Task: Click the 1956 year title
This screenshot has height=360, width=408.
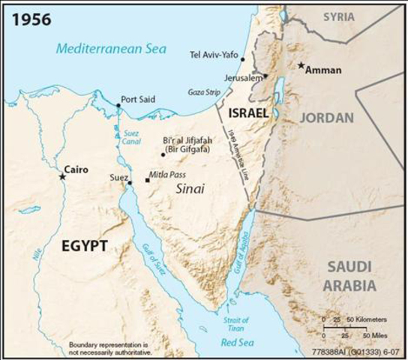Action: [31, 19]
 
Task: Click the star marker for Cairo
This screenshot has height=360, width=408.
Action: [62, 176]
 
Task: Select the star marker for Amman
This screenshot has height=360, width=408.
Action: [301, 66]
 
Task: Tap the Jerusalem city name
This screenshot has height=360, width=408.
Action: [242, 77]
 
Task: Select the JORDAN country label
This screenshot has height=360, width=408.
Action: [327, 118]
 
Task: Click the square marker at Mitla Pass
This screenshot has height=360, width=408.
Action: [148, 181]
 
